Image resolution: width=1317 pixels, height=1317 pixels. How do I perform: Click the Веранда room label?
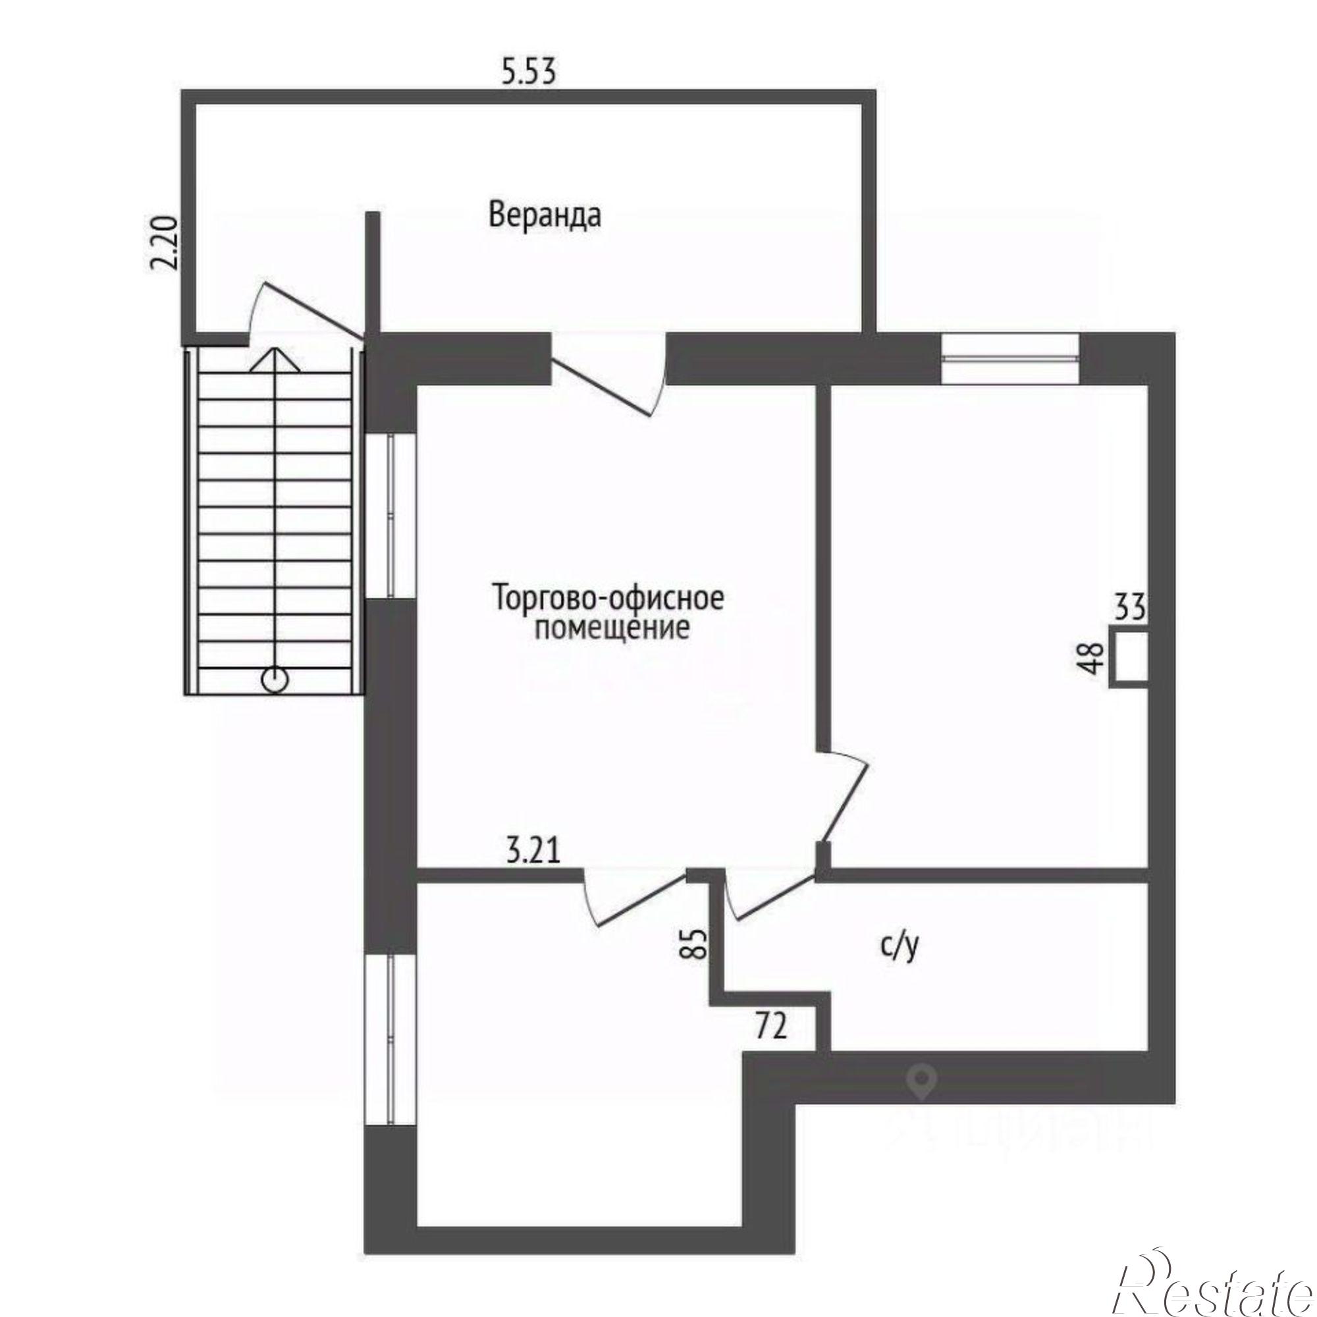(x=545, y=215)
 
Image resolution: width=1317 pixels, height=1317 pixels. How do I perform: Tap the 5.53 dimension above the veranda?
(x=528, y=71)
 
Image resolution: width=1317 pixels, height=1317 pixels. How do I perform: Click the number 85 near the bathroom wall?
(x=695, y=943)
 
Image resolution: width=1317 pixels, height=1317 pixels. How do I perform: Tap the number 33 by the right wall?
(x=1129, y=606)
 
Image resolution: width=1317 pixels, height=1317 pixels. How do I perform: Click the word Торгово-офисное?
(x=608, y=599)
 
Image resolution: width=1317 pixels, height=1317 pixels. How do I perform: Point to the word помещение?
(x=612, y=628)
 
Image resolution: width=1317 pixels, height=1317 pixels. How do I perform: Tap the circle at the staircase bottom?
(x=275, y=680)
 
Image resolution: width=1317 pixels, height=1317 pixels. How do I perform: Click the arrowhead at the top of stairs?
(x=275, y=360)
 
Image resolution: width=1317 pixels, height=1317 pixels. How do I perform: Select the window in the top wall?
(x=1009, y=358)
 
